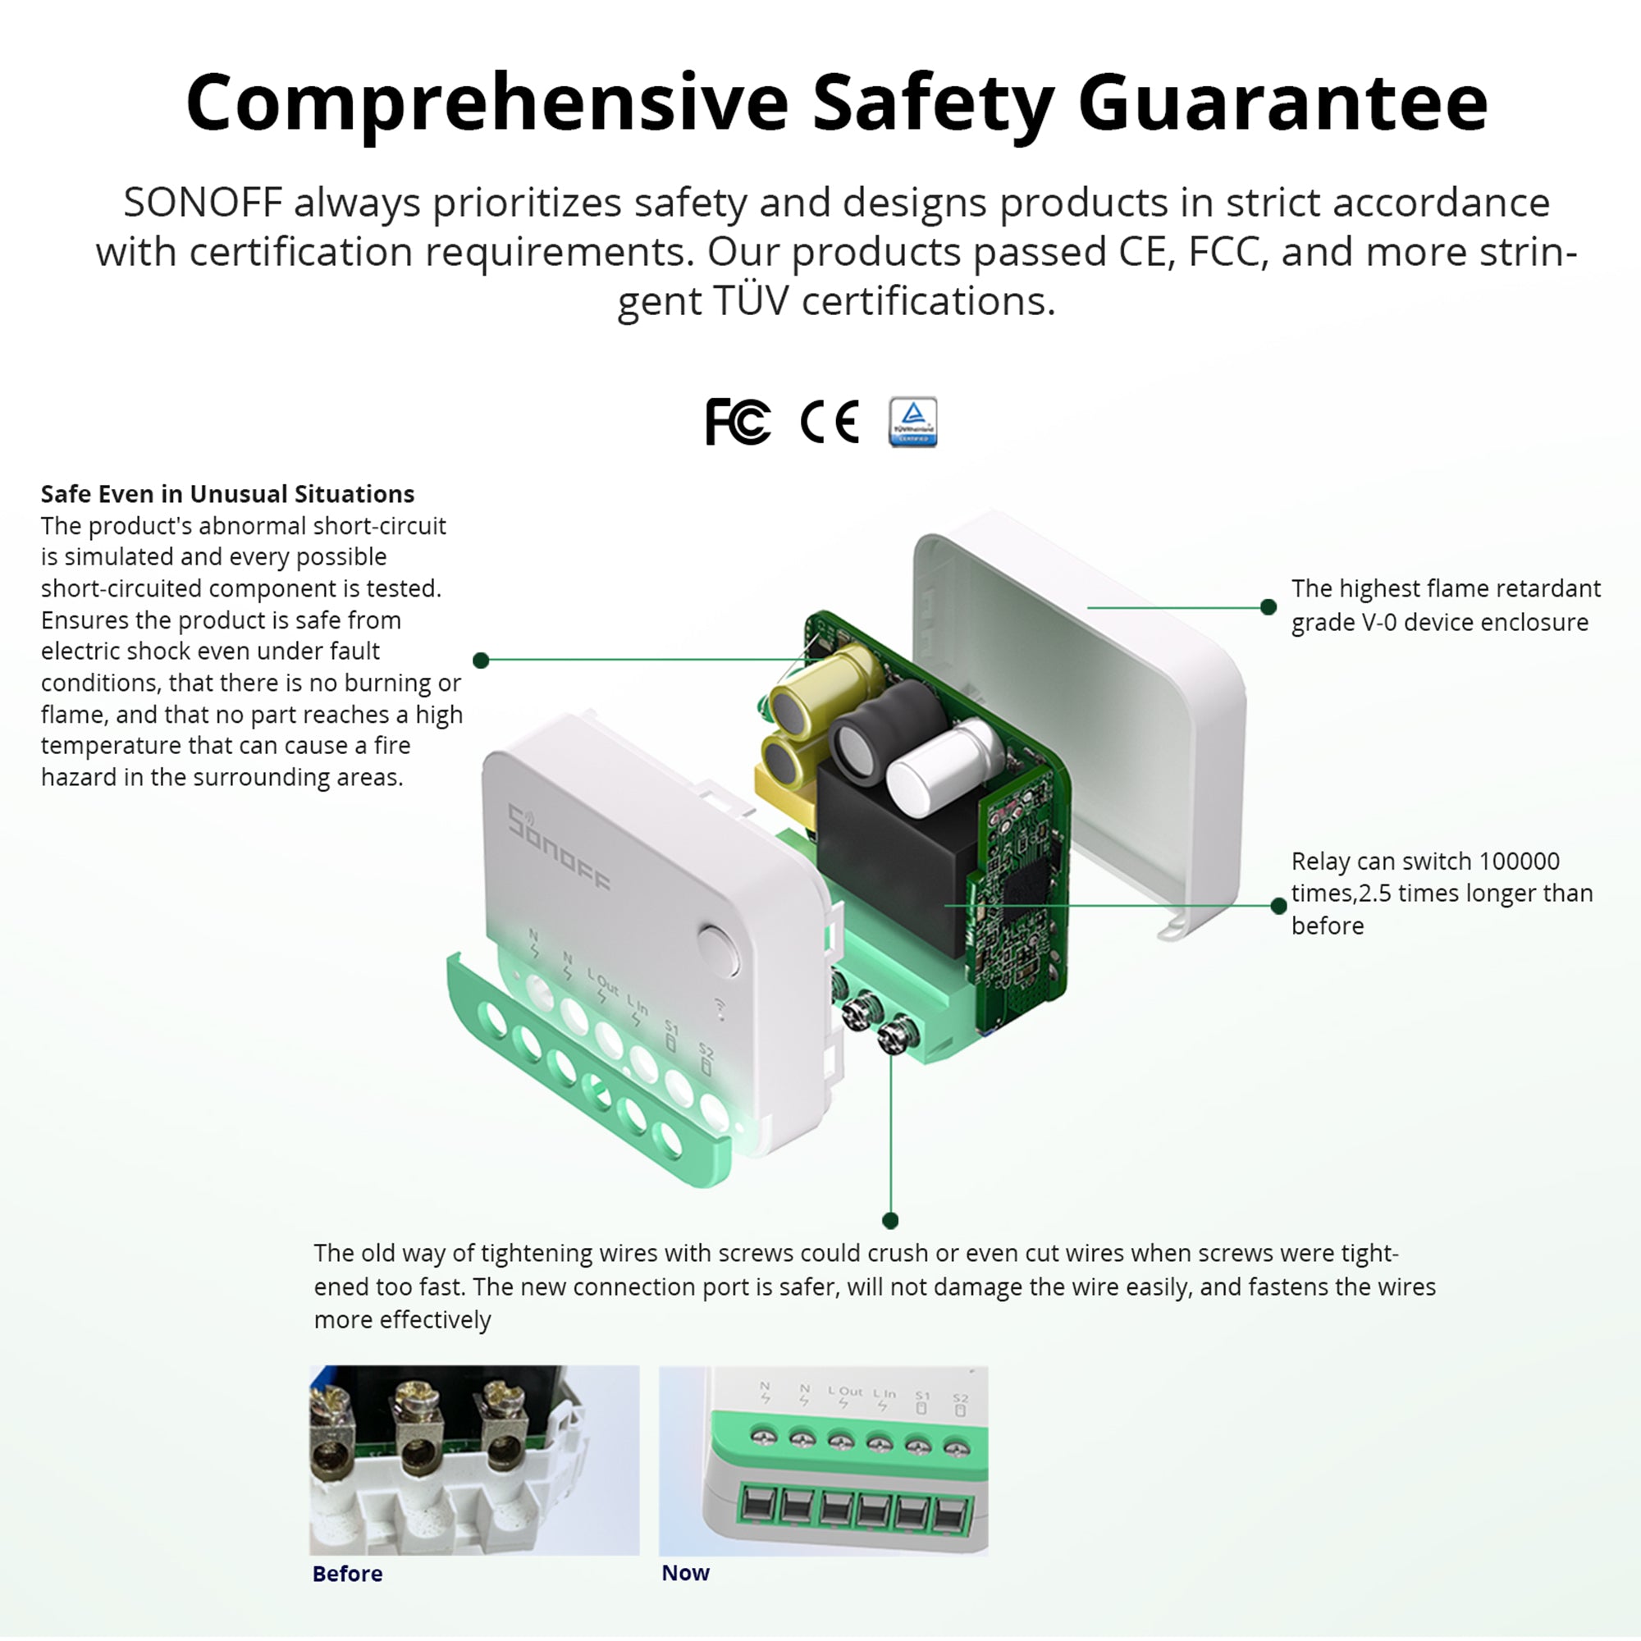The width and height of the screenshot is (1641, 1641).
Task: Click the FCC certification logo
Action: pos(738,421)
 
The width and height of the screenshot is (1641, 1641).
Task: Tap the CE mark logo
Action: pos(830,421)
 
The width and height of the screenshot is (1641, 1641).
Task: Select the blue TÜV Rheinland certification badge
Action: pos(912,421)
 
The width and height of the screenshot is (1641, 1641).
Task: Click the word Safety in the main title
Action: pos(933,103)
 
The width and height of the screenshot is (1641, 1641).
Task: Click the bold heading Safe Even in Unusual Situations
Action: pos(227,493)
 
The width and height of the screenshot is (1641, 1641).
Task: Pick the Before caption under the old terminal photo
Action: pos(347,1573)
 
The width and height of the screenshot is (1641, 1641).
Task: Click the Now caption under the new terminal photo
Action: pos(684,1572)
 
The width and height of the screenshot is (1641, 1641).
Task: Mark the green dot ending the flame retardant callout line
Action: pos(1268,606)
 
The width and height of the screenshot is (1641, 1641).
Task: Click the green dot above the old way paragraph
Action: pos(890,1221)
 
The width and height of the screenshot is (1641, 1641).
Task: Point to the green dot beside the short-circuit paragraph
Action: pos(481,660)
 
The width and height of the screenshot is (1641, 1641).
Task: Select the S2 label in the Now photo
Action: pos(960,1398)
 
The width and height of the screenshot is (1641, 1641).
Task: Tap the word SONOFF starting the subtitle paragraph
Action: pos(202,202)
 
